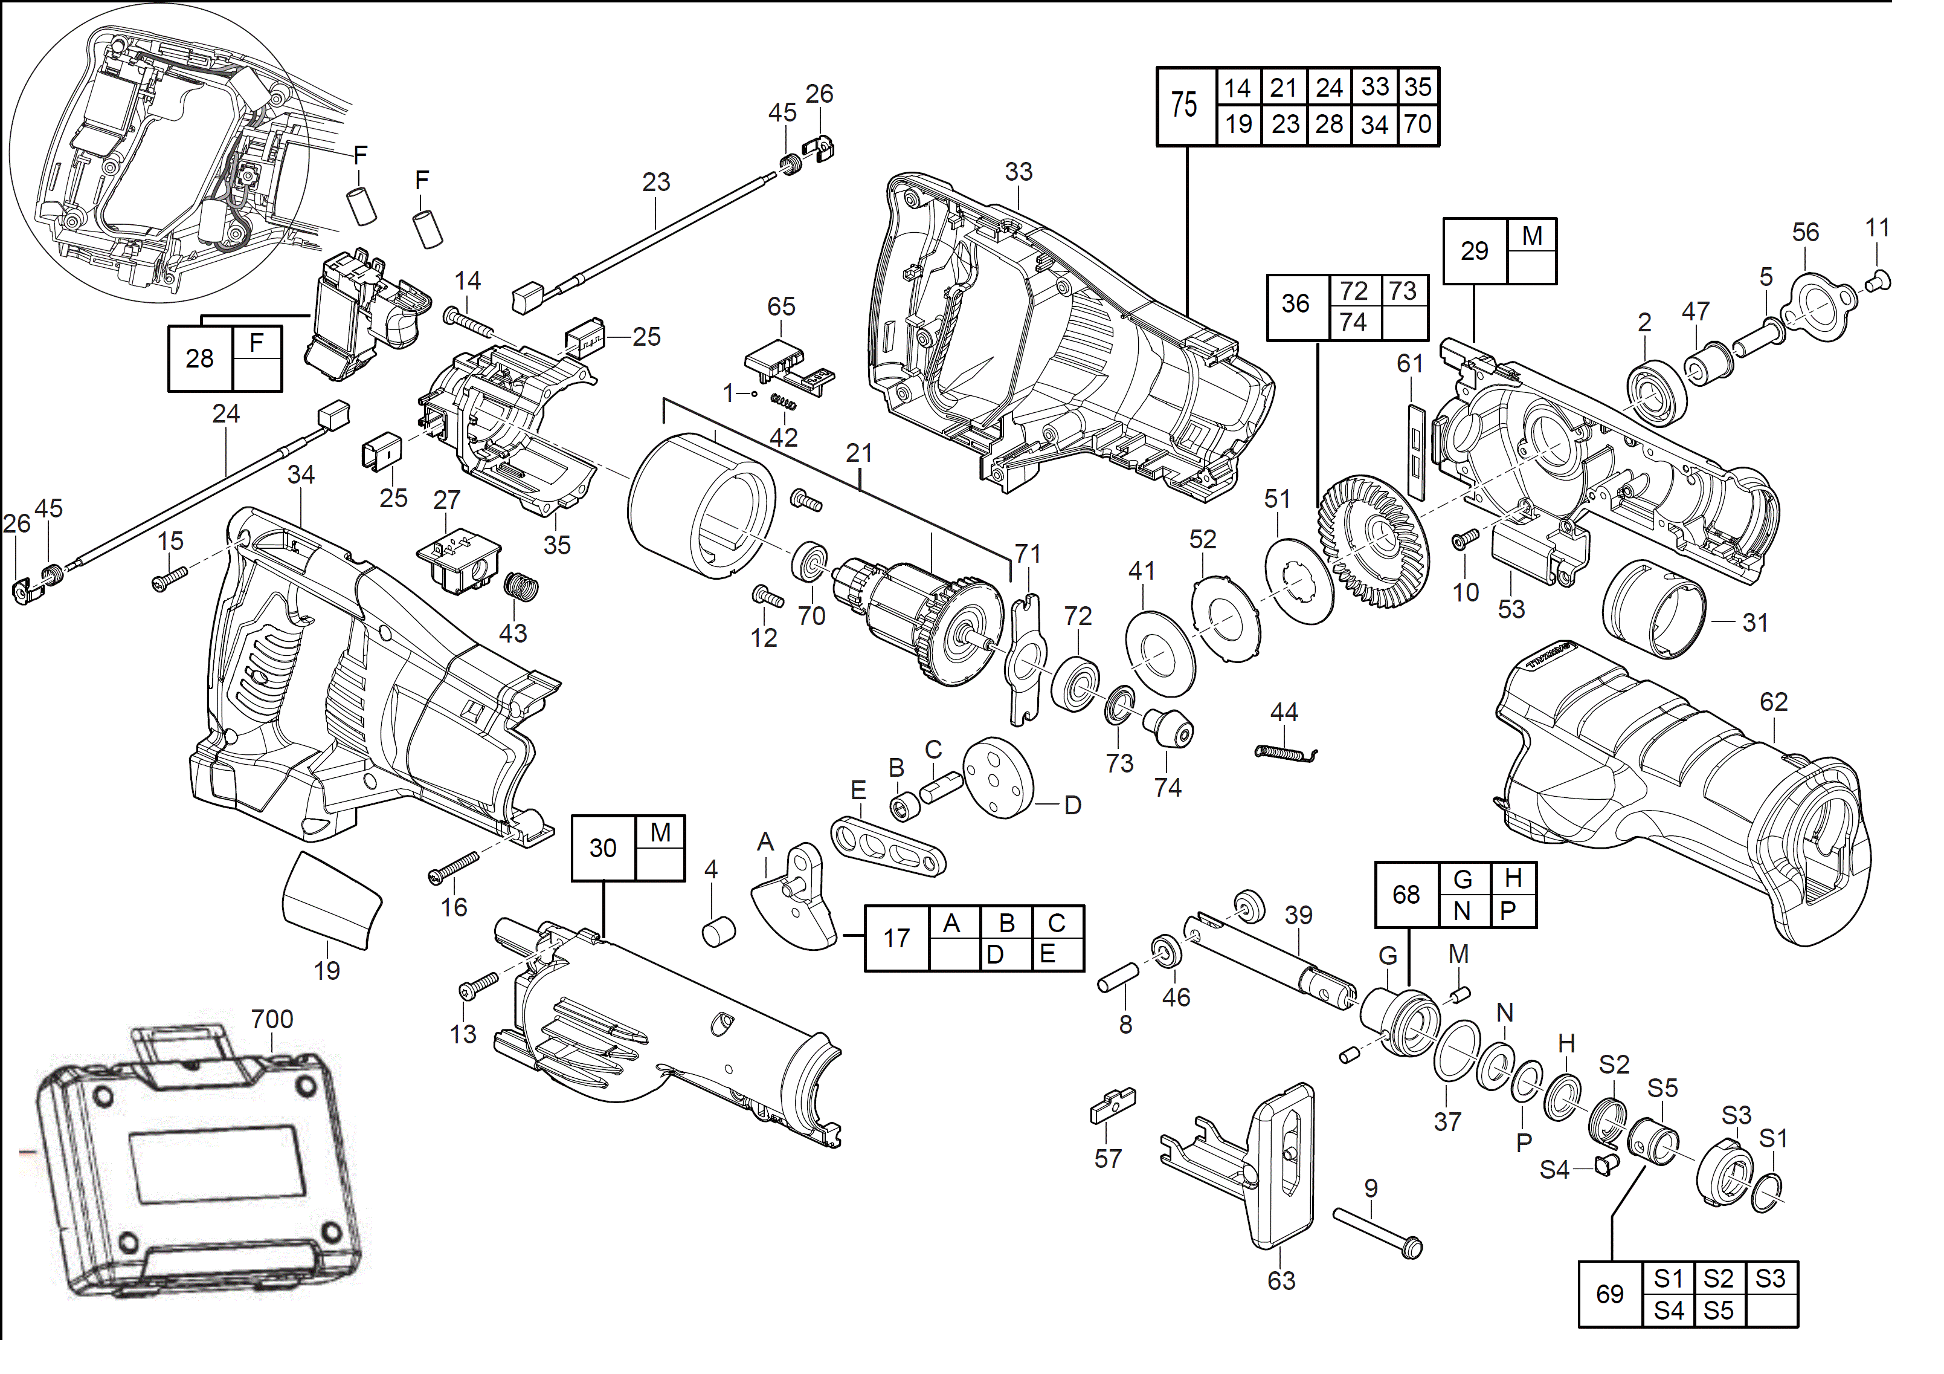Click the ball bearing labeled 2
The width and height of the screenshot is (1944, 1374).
pos(1657,392)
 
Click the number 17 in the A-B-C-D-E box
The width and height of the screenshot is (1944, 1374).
pos(896,938)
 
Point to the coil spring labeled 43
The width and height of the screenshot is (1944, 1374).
pos(521,586)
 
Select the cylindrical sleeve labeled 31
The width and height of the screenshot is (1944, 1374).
pos(1653,608)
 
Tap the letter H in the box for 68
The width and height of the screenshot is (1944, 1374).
pos(1513,878)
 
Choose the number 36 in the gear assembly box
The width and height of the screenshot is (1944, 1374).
pos(1295,303)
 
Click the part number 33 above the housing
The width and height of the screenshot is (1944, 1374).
pos(1019,172)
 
